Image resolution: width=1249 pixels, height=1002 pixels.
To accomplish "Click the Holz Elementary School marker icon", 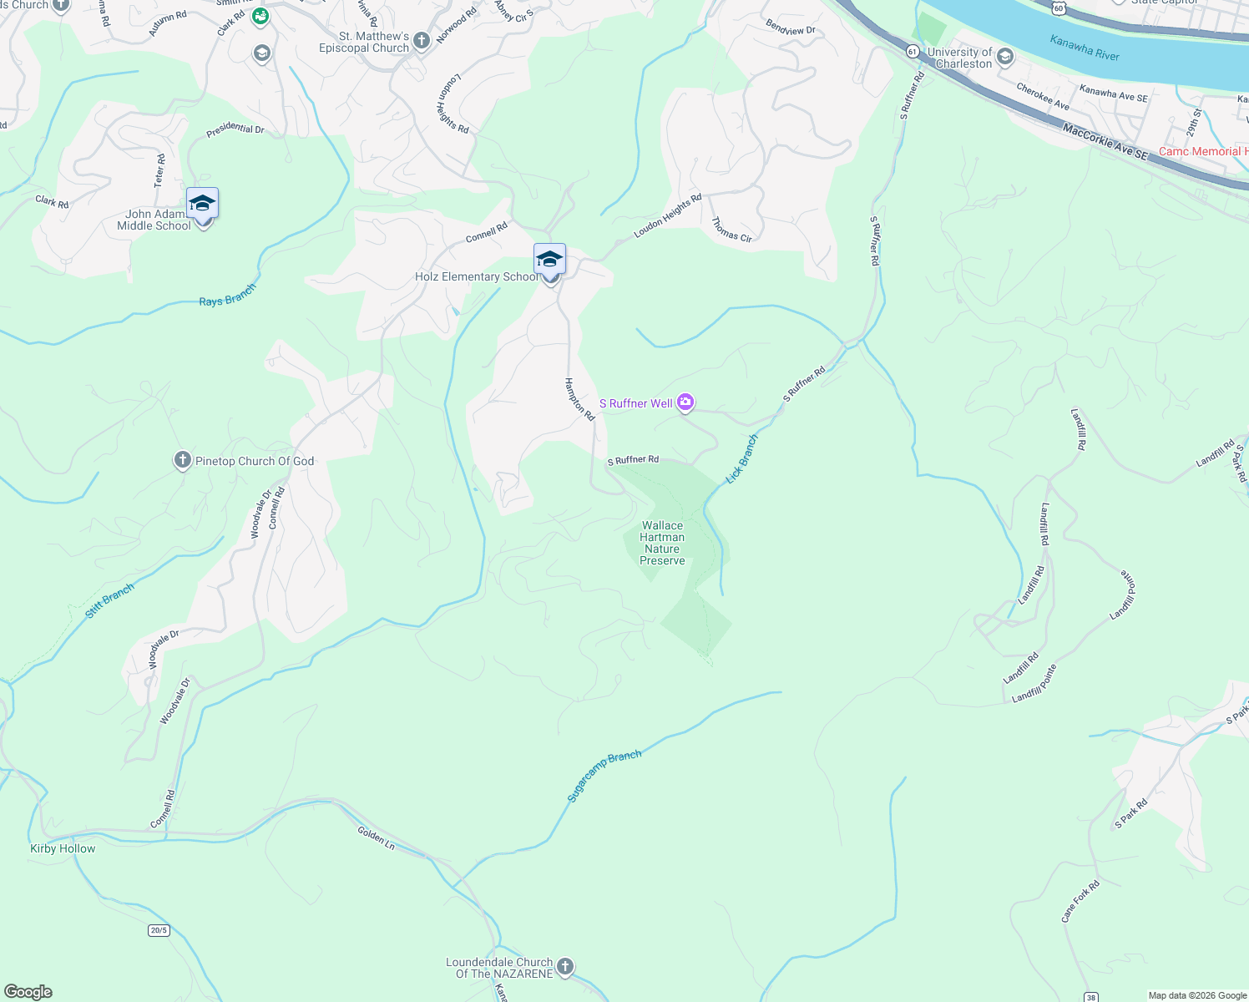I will click(549, 260).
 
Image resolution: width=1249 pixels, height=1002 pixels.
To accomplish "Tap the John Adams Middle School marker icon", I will click(202, 204).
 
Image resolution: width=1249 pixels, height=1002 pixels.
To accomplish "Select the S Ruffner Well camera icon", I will click(685, 403).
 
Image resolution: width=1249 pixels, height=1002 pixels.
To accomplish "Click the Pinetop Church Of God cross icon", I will click(183, 460).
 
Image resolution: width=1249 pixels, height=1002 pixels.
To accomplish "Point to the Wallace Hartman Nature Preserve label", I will click(662, 544).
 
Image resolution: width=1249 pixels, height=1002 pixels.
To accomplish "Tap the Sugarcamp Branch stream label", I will click(604, 777).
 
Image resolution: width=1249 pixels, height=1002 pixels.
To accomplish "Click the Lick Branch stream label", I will click(741, 458).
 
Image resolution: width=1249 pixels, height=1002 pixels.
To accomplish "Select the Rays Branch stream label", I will click(227, 296).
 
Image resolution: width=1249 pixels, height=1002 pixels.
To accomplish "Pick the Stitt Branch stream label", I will click(109, 601).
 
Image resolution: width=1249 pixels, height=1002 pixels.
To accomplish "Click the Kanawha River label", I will click(1085, 48).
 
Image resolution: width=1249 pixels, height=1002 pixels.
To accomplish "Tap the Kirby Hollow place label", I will click(63, 848).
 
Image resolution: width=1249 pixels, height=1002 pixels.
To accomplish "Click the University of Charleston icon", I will click(1005, 57).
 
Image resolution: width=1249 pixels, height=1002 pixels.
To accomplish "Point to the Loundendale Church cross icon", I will click(565, 967).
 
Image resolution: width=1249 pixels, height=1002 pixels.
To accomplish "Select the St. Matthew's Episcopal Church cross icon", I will click(422, 40).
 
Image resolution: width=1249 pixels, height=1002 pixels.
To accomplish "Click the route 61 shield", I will click(913, 52).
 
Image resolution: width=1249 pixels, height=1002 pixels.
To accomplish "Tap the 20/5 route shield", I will click(159, 930).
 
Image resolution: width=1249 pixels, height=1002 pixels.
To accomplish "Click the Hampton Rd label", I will click(579, 399).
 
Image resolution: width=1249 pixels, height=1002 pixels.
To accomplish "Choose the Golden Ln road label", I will click(376, 838).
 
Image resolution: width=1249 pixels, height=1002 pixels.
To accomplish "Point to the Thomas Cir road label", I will click(732, 230).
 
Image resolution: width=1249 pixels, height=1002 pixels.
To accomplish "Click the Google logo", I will click(28, 992).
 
